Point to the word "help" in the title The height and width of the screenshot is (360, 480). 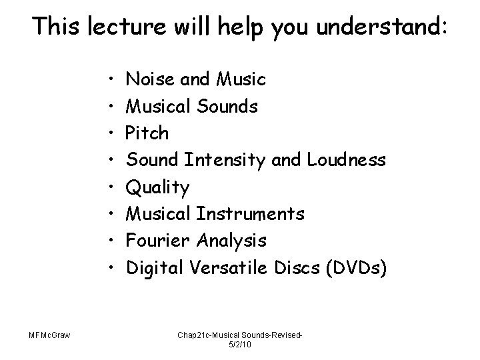(x=235, y=27)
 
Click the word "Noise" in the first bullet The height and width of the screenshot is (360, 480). (x=146, y=80)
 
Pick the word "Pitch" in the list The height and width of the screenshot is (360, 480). (x=147, y=134)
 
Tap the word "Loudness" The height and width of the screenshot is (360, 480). (x=346, y=160)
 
